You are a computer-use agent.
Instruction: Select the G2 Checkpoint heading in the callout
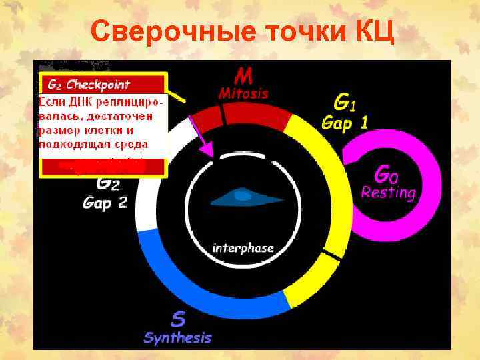click(88, 85)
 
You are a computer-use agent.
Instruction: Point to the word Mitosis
click(243, 93)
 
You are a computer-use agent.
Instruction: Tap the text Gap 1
click(346, 123)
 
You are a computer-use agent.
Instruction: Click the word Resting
click(388, 193)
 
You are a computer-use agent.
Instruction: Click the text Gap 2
click(105, 202)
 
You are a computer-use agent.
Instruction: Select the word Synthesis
click(177, 337)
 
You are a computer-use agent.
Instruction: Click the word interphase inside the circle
click(243, 248)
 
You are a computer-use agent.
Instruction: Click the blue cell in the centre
click(241, 196)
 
